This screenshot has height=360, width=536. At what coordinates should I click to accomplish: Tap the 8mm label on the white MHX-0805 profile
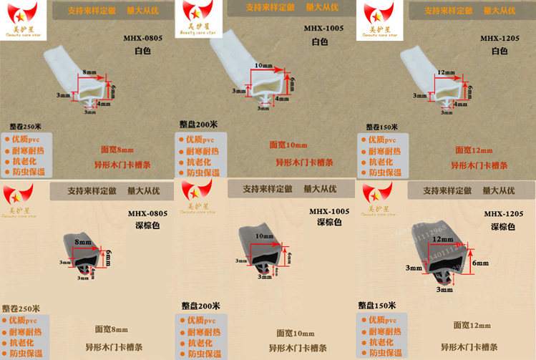(89, 73)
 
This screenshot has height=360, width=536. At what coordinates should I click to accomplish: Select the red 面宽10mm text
(286, 145)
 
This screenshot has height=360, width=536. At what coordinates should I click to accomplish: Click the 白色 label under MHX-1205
(499, 51)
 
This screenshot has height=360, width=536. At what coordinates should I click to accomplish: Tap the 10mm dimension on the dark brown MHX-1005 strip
(264, 235)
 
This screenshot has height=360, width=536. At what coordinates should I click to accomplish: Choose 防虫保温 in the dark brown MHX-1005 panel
(203, 354)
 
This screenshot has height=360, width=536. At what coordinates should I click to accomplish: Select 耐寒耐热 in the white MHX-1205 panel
(385, 150)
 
